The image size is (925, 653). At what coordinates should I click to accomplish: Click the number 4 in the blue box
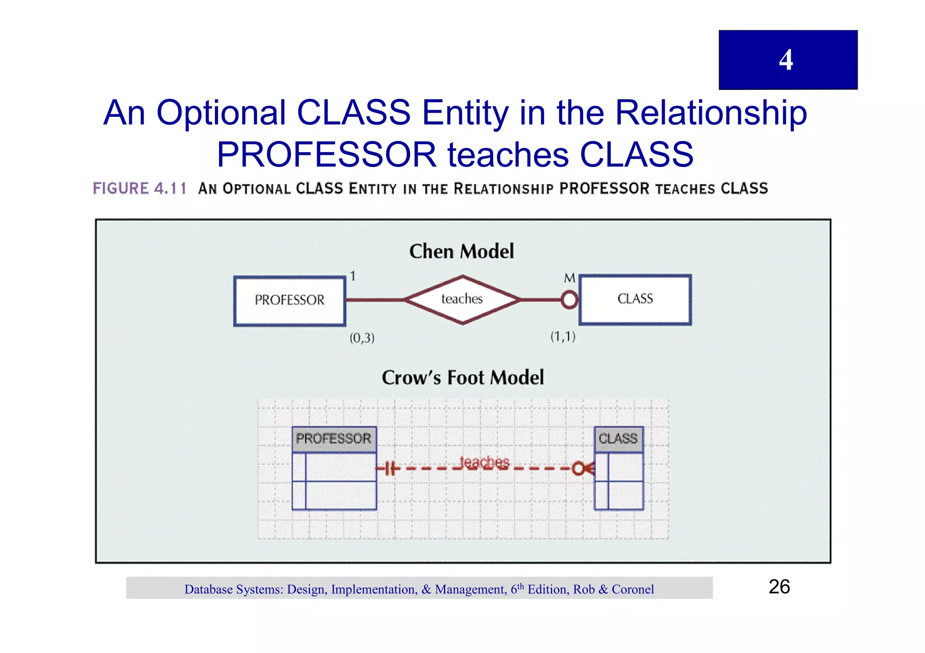786,60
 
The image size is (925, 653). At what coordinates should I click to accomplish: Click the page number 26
779,587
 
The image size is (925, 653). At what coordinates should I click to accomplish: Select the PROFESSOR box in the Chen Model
290,301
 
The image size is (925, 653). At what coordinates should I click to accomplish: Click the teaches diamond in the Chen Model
462,299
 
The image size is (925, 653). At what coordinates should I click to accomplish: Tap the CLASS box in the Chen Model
635,299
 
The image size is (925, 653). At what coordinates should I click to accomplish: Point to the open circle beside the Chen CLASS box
570,300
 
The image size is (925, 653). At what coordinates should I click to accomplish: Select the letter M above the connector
570,278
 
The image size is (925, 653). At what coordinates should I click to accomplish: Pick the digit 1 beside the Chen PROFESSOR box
353,276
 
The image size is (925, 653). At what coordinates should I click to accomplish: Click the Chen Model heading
462,251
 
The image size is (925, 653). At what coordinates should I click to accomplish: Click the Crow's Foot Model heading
462,378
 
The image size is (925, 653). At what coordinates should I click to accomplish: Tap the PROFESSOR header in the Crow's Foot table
334,439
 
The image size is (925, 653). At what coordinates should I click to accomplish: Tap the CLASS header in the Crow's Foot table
618,439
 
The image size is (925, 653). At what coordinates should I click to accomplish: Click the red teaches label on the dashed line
484,463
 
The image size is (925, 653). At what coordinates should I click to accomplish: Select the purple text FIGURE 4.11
140,188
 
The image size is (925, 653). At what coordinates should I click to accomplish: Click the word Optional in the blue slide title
221,113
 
